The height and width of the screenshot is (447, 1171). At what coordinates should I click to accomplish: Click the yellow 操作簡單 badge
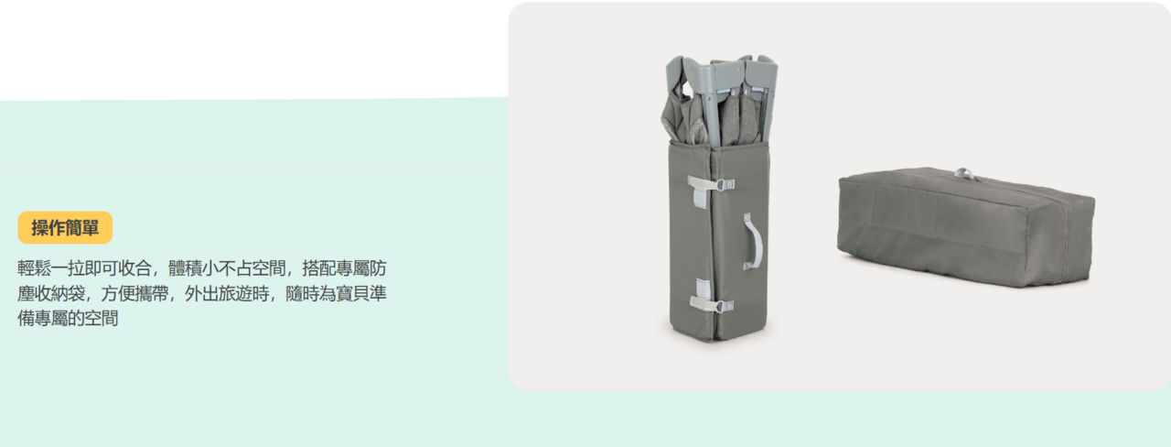[65, 228]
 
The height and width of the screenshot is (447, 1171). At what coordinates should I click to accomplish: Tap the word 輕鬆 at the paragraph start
[34, 268]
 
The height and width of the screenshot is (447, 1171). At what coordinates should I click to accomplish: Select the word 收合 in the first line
[134, 268]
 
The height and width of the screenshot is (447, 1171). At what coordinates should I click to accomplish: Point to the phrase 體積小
[193, 268]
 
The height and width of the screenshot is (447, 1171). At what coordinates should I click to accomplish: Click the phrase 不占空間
[252, 268]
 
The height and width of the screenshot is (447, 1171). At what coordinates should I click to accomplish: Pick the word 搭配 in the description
[319, 268]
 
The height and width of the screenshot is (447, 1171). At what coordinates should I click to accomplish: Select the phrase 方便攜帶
[134, 293]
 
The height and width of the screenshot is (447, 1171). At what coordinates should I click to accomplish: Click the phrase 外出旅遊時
[227, 293]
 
